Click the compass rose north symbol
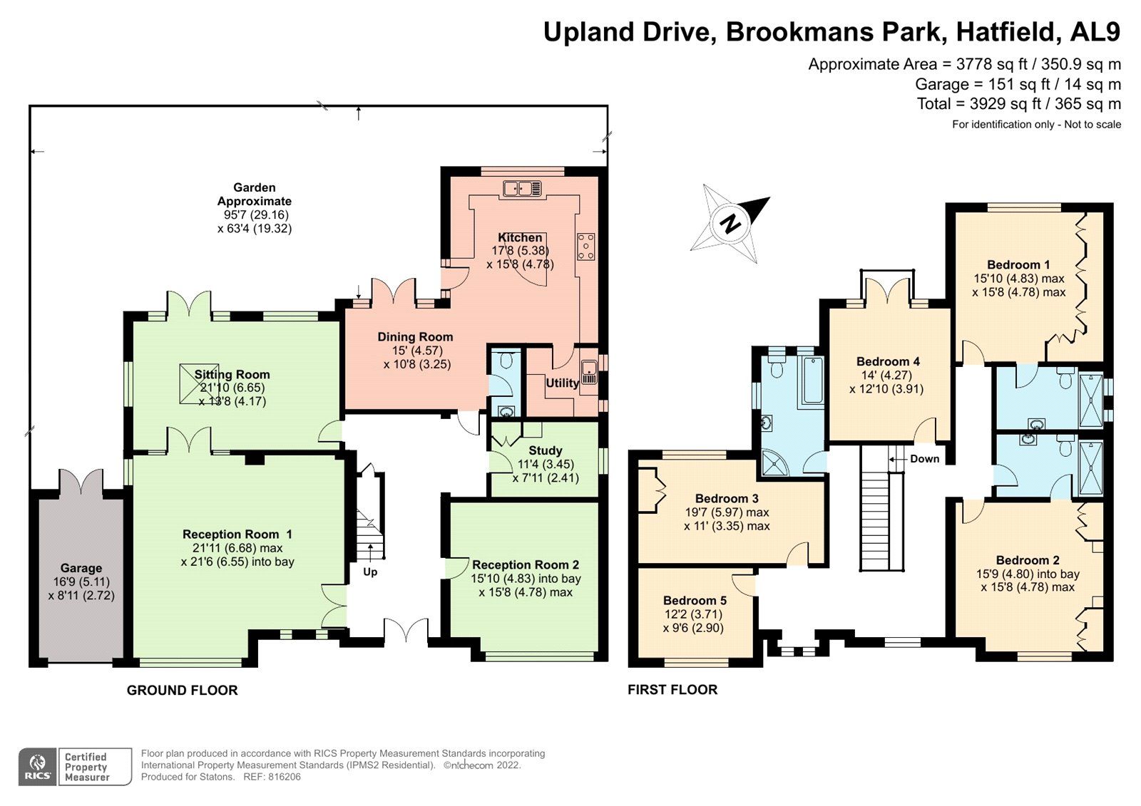click(x=730, y=223)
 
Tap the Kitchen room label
click(x=520, y=237)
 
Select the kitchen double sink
click(x=522, y=189)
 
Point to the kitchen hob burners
click(x=586, y=246)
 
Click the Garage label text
click(x=81, y=568)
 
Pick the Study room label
click(x=545, y=450)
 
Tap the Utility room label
click(x=562, y=383)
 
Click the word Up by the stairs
click(x=370, y=572)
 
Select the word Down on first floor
click(x=924, y=458)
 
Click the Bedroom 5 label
click(x=694, y=601)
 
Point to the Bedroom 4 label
click(x=888, y=361)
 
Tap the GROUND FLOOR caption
click(x=182, y=690)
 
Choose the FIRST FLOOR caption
click(x=672, y=689)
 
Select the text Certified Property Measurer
click(x=86, y=767)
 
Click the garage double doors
click(x=81, y=482)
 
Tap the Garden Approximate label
click(x=254, y=195)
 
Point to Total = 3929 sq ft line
click(x=1018, y=104)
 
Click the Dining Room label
click(x=415, y=337)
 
